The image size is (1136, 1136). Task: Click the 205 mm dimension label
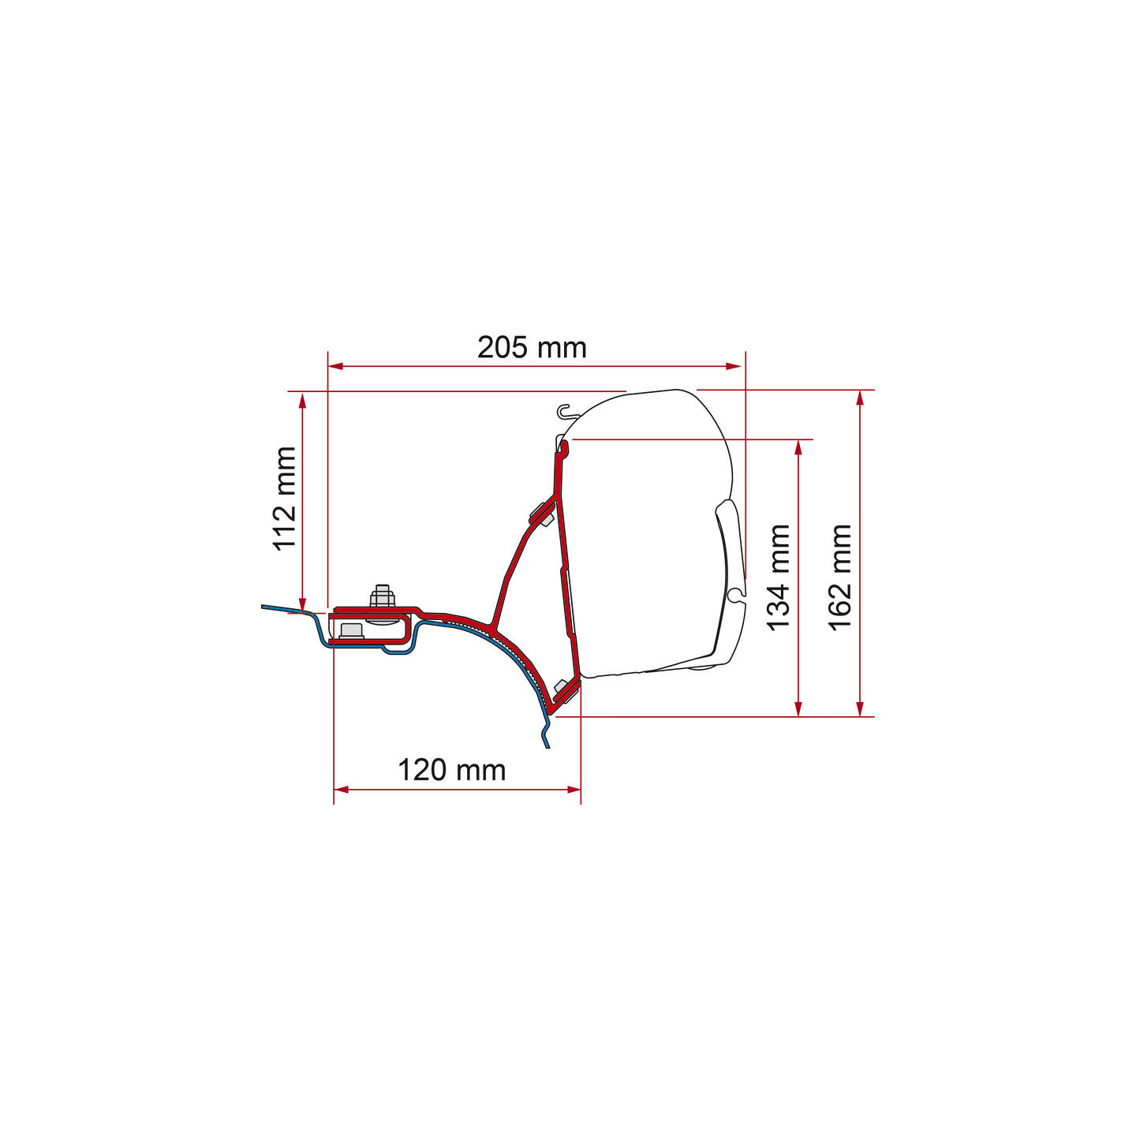[x=532, y=348]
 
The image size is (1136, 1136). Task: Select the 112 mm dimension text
[x=284, y=499]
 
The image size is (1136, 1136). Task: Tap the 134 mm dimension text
[x=778, y=577]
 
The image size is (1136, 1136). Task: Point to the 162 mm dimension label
[x=840, y=577]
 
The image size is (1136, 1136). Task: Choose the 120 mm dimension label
[x=452, y=770]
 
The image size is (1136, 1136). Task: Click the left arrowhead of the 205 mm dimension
[x=335, y=366]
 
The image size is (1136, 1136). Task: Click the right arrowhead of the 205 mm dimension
[x=734, y=366]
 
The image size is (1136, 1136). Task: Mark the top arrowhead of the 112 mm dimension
[x=302, y=400]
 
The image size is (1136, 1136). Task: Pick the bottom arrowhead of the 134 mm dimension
[x=799, y=709]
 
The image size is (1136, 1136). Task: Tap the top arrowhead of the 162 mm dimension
[x=860, y=398]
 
